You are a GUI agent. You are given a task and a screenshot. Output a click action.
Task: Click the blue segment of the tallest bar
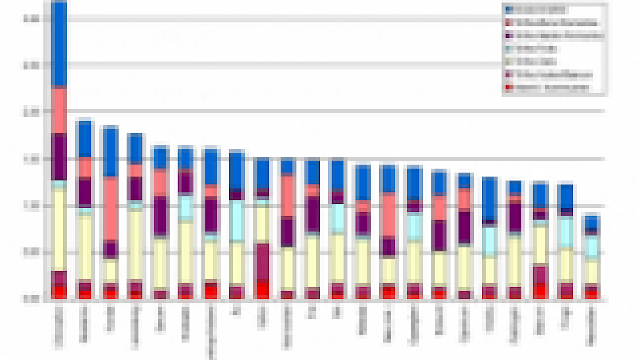point(60,43)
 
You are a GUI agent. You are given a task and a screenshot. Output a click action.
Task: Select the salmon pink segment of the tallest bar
point(60,110)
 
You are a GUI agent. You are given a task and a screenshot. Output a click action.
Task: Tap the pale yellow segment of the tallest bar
point(60,230)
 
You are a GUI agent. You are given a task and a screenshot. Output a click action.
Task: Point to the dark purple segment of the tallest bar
point(60,157)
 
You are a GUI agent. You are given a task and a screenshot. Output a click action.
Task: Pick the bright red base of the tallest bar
point(60,292)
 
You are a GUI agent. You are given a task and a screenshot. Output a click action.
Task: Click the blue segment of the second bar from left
point(84,139)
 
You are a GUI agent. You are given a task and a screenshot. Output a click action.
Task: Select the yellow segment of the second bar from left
point(84,247)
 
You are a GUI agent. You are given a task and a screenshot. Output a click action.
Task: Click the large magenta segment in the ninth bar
point(262,261)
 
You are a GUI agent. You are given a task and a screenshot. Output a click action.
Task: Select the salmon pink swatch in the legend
point(509,23)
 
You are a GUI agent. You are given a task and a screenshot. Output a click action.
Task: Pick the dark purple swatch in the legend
point(509,35)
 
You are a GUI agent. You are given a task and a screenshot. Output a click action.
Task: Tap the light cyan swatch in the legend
point(509,49)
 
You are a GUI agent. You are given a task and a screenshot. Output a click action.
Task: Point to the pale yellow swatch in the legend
point(509,61)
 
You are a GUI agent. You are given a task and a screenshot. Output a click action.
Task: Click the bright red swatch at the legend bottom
point(509,87)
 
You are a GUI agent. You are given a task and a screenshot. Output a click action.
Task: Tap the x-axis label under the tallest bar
point(59,327)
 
